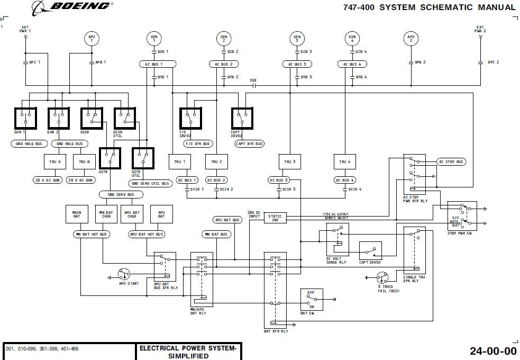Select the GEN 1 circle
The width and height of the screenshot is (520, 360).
pyautogui.click(x=154, y=38)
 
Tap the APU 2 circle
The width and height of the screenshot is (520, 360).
pyautogui.click(x=410, y=38)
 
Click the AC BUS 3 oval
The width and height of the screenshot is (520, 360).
pyautogui.click(x=297, y=64)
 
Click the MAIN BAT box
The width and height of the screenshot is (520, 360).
pyautogui.click(x=77, y=214)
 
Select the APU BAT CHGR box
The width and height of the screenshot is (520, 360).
pyautogui.click(x=132, y=214)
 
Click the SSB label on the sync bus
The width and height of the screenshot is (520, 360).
pyautogui.click(x=253, y=80)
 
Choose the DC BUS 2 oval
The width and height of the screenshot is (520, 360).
pyautogui.click(x=216, y=180)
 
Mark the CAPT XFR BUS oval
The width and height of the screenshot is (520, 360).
pyautogui.click(x=249, y=143)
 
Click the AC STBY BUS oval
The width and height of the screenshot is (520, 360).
pyautogui.click(x=451, y=161)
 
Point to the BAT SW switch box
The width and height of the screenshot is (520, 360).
pyautogui.click(x=311, y=300)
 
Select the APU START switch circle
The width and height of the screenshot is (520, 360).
pyautogui.click(x=124, y=274)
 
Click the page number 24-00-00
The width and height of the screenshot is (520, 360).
pyautogui.click(x=492, y=350)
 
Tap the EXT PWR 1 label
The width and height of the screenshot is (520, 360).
pyautogui.click(x=25, y=29)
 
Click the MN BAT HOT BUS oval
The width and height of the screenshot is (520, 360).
pyautogui.click(x=90, y=234)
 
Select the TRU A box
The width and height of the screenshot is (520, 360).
pyautogui.click(x=55, y=161)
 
